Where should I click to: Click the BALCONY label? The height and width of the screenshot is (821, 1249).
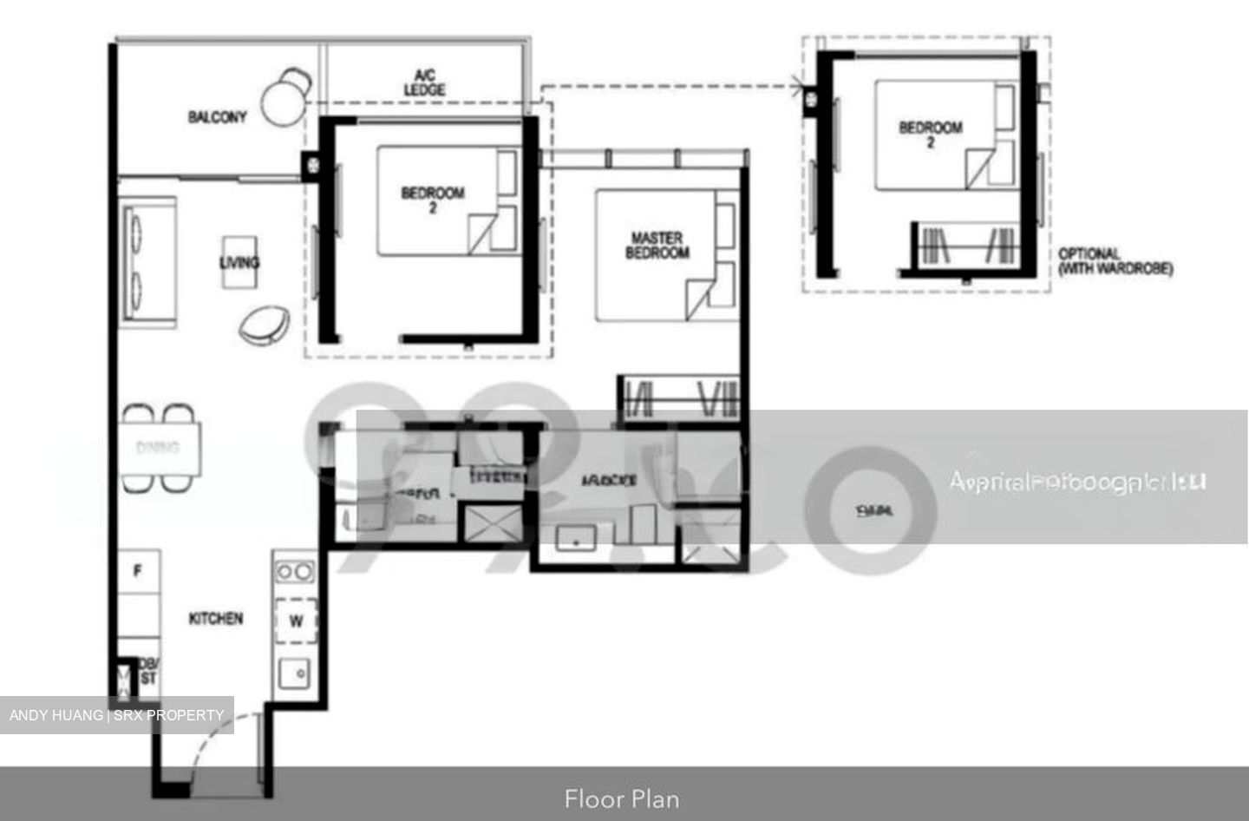tap(218, 117)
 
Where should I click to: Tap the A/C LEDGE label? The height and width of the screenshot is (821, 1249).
tap(425, 83)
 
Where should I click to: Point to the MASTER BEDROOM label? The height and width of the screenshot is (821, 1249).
tap(657, 245)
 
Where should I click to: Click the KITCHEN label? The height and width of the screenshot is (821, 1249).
tap(216, 619)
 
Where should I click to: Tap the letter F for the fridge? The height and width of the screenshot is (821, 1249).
tap(137, 572)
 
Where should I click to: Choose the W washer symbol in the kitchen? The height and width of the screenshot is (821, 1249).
tap(296, 621)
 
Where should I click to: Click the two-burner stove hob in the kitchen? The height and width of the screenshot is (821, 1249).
tap(295, 571)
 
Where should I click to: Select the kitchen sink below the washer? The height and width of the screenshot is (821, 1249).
tap(295, 673)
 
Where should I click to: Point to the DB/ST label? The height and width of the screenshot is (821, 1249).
tap(147, 671)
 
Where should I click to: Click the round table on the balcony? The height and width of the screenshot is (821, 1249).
tap(282, 105)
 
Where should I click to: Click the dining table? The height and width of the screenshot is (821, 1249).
tap(160, 448)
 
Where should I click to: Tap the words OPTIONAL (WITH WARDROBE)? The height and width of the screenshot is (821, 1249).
tap(1115, 261)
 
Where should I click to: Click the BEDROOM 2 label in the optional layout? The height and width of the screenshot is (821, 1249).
tap(930, 134)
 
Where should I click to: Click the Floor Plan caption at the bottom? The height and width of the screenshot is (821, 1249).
tap(622, 798)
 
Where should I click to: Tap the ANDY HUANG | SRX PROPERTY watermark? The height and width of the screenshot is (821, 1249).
tap(116, 715)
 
